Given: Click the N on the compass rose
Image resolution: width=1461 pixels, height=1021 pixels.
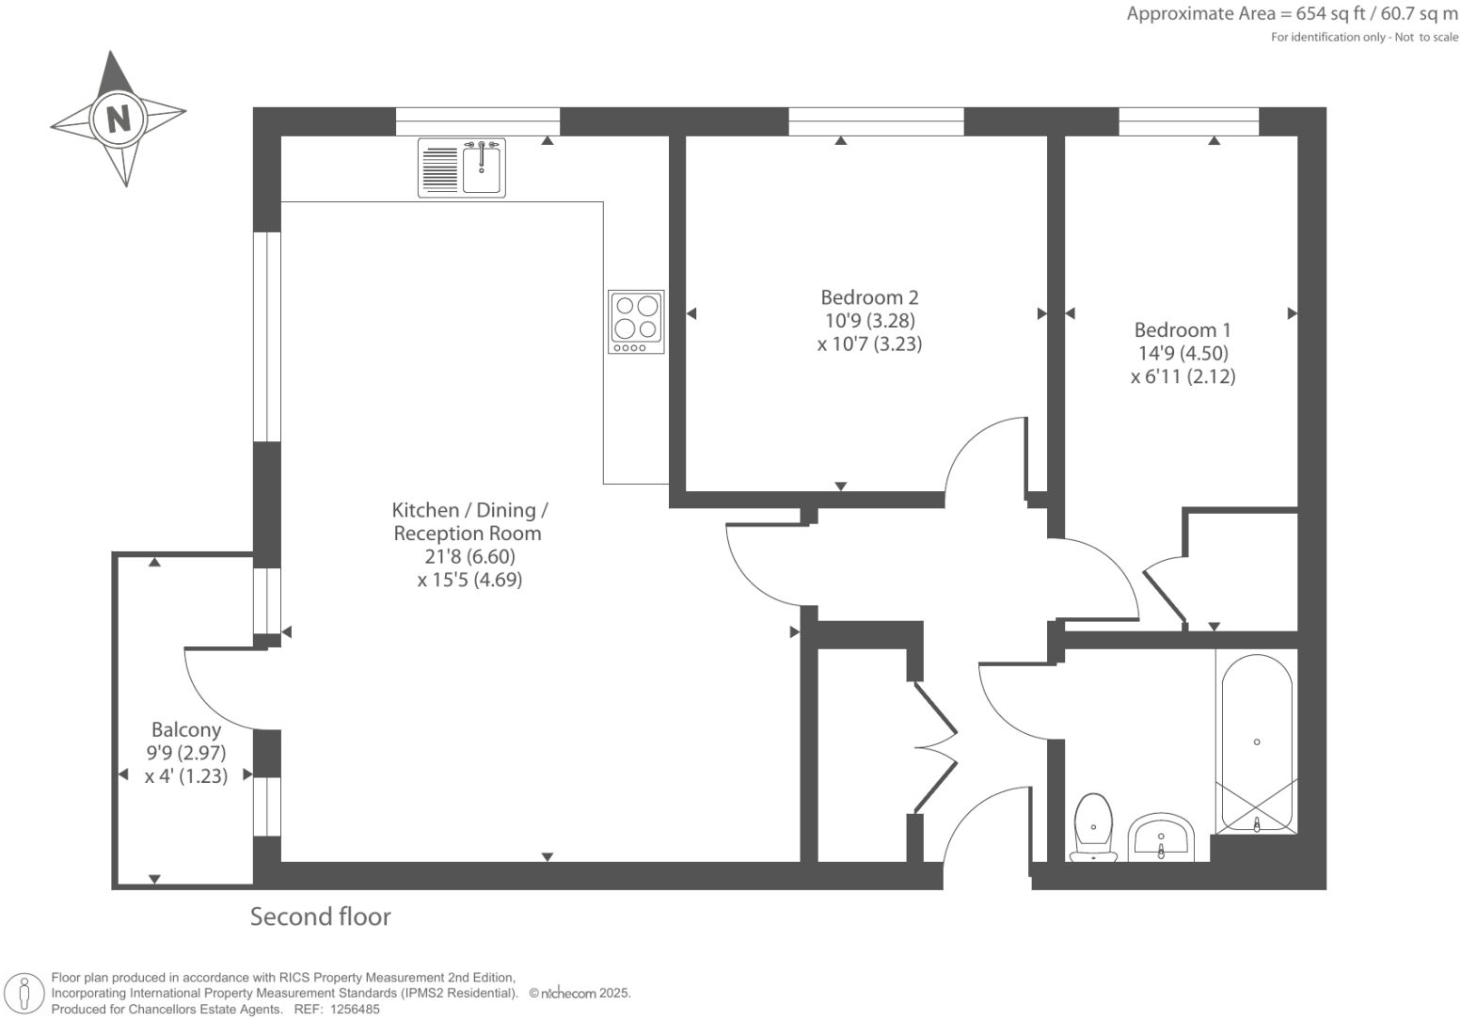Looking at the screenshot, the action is pos(118,120).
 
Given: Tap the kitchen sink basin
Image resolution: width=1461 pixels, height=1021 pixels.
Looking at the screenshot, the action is pos(482,169).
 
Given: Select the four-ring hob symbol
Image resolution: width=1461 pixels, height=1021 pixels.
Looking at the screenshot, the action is pos(636,322).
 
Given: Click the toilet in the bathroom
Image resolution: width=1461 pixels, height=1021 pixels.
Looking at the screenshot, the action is pos(1093,827).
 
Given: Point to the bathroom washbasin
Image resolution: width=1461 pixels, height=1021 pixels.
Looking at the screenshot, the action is pos(1161,837).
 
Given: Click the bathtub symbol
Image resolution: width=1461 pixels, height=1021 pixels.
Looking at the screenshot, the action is pos(1256,743).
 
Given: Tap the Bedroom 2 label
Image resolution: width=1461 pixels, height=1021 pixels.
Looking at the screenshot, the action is pos(869,297).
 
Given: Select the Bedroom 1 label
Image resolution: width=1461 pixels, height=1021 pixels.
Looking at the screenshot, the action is pos(1183,330).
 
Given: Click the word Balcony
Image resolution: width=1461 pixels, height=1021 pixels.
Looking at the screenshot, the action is pos(186,730).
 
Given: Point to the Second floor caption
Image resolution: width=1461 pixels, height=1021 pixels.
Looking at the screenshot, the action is pos(320,917).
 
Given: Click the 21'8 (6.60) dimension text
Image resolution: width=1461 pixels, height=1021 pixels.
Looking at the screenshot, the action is pos(469,556).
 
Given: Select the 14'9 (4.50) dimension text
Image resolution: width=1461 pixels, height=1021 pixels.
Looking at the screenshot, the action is pos(1183,353).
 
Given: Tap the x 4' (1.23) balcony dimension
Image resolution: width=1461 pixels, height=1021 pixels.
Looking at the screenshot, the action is pos(186,775).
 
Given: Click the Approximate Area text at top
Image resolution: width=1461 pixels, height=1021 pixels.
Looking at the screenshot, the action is pos(1292,14).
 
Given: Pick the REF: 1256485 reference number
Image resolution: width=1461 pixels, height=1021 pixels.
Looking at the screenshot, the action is pos(337,1010).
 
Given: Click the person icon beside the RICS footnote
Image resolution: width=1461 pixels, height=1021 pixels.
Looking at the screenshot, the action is pos(24,995).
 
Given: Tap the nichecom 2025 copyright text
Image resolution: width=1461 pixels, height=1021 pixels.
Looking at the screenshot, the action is pos(580,993).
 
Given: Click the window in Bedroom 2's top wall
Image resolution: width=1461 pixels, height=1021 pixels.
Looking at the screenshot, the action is pos(876,121).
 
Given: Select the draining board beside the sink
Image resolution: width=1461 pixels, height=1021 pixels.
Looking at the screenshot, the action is pos(440,168).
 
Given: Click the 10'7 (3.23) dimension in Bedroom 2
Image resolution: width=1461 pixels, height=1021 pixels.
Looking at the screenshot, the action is pos(870,343).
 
